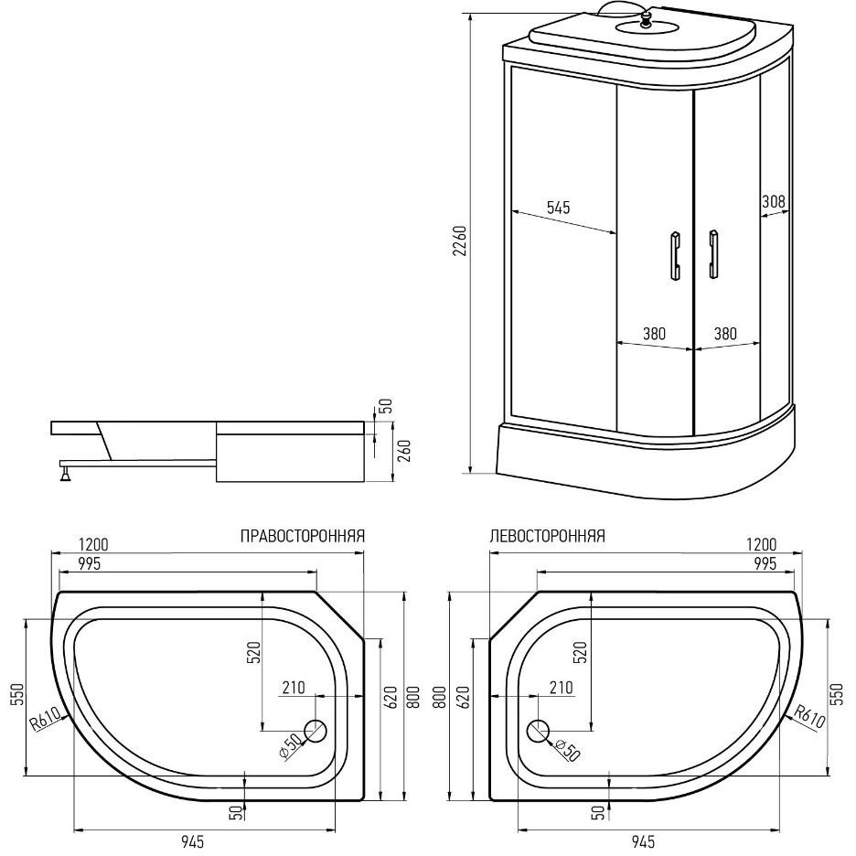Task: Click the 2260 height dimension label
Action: pyautogui.click(x=461, y=241)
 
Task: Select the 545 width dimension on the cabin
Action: pyautogui.click(x=558, y=208)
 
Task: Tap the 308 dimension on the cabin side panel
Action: pyautogui.click(x=773, y=201)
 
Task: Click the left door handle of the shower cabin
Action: pyautogui.click(x=675, y=255)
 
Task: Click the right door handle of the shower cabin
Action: pyautogui.click(x=712, y=254)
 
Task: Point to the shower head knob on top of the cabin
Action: pyautogui.click(x=646, y=19)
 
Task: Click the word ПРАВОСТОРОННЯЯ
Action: pyautogui.click(x=303, y=536)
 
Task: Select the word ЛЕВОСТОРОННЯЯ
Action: pyautogui.click(x=548, y=536)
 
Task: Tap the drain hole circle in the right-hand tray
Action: pyautogui.click(x=315, y=731)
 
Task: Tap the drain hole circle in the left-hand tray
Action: pyautogui.click(x=539, y=731)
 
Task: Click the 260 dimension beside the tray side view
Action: pyautogui.click(x=404, y=451)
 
